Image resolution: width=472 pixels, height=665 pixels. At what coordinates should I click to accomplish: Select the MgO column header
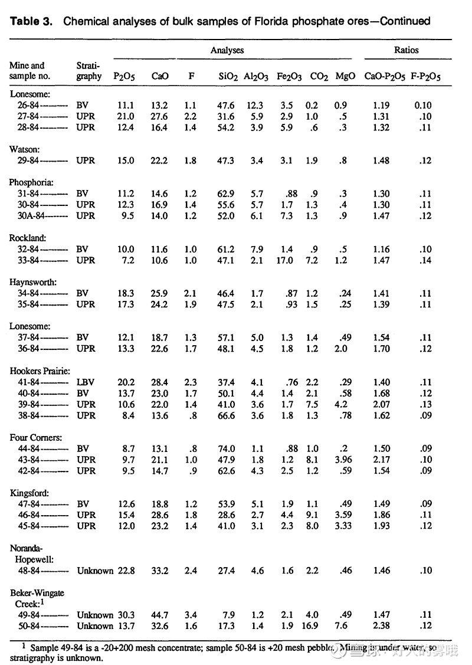click(345, 76)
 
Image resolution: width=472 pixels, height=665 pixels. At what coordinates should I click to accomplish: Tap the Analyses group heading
click(227, 51)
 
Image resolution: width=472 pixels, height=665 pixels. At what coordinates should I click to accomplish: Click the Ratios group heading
click(407, 51)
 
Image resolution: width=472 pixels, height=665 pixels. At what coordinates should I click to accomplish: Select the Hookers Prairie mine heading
click(40, 371)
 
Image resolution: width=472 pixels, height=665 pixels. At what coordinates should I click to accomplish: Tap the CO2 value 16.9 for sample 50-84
click(312, 626)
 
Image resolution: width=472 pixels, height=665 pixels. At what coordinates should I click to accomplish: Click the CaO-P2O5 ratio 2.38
click(381, 626)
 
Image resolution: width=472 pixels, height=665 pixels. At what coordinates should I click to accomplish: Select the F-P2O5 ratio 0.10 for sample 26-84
click(422, 105)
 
